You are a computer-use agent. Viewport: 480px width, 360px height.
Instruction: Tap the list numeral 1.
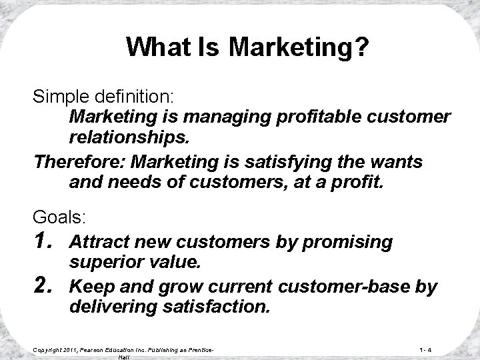click(45, 241)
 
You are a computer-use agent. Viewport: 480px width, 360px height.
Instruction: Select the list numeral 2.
click(45, 287)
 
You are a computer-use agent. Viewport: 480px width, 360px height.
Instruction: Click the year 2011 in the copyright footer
click(71, 349)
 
